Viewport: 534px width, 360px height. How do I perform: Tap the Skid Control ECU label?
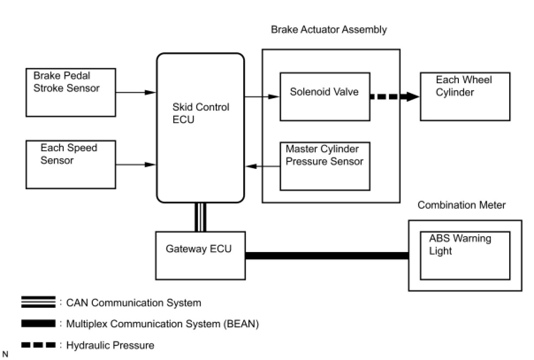coord(201,113)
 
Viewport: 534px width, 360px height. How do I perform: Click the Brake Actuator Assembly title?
coord(329,30)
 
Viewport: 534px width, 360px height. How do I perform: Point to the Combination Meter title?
coord(462,205)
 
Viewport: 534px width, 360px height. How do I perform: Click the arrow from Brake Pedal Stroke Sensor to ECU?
coord(136,92)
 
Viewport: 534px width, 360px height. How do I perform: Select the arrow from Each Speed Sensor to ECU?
coord(136,165)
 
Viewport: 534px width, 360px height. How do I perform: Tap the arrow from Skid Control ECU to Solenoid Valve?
coord(262,96)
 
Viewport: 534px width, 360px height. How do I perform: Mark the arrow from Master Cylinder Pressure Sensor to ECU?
coord(263,166)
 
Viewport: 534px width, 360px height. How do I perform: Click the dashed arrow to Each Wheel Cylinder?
coord(395,96)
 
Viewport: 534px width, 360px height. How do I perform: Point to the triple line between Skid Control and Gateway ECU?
coord(200,217)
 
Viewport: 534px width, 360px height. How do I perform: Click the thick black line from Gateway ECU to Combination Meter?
coord(327,256)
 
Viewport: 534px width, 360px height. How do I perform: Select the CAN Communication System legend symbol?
coord(38,302)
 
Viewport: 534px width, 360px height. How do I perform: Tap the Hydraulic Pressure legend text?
coord(110,345)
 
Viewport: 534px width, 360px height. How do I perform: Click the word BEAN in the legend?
coord(241,324)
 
